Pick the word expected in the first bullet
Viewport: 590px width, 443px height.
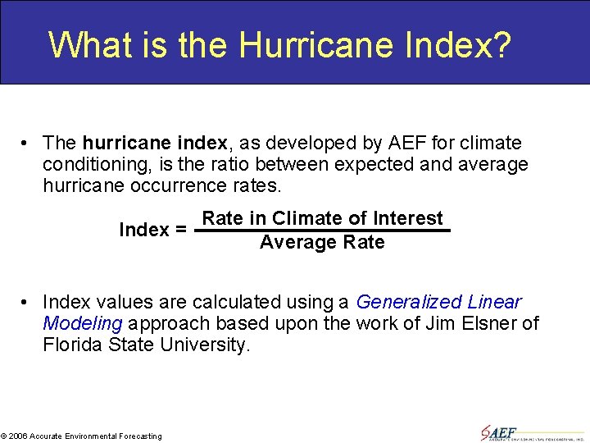coord(363,165)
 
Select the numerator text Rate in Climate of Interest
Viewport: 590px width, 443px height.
coord(322,218)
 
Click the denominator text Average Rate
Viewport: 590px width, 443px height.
coord(322,242)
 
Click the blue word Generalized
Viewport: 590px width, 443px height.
coord(409,302)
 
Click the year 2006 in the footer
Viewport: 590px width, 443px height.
coord(19,436)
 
